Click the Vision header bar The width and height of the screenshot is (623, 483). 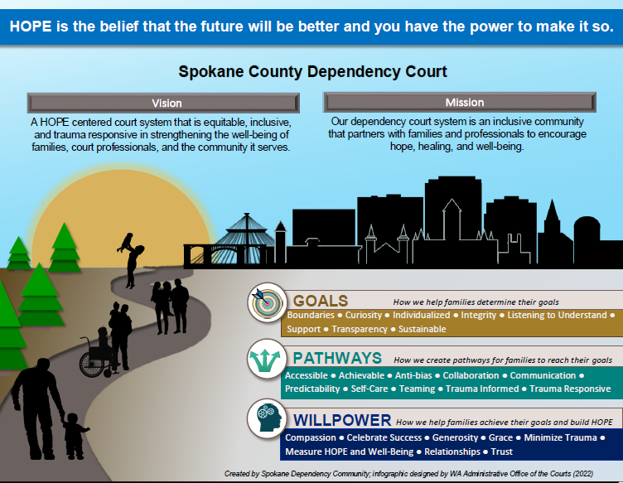163,104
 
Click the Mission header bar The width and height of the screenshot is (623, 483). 460,103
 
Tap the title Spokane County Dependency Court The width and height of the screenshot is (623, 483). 312,71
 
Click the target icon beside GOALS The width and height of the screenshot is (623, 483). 267,302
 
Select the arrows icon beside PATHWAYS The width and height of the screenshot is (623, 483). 267,358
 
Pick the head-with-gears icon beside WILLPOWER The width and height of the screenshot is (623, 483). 267,418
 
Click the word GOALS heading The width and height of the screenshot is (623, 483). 321,301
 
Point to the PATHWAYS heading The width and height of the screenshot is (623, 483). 337,358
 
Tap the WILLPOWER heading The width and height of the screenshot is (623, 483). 342,420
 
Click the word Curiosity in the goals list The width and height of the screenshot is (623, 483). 363,315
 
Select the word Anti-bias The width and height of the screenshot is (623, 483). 413,375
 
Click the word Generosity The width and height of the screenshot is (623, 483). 455,437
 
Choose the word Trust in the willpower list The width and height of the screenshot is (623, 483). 502,452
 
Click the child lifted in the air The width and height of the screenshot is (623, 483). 127,243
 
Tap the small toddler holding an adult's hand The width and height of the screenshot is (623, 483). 75,436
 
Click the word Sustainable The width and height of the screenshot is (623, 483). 422,329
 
